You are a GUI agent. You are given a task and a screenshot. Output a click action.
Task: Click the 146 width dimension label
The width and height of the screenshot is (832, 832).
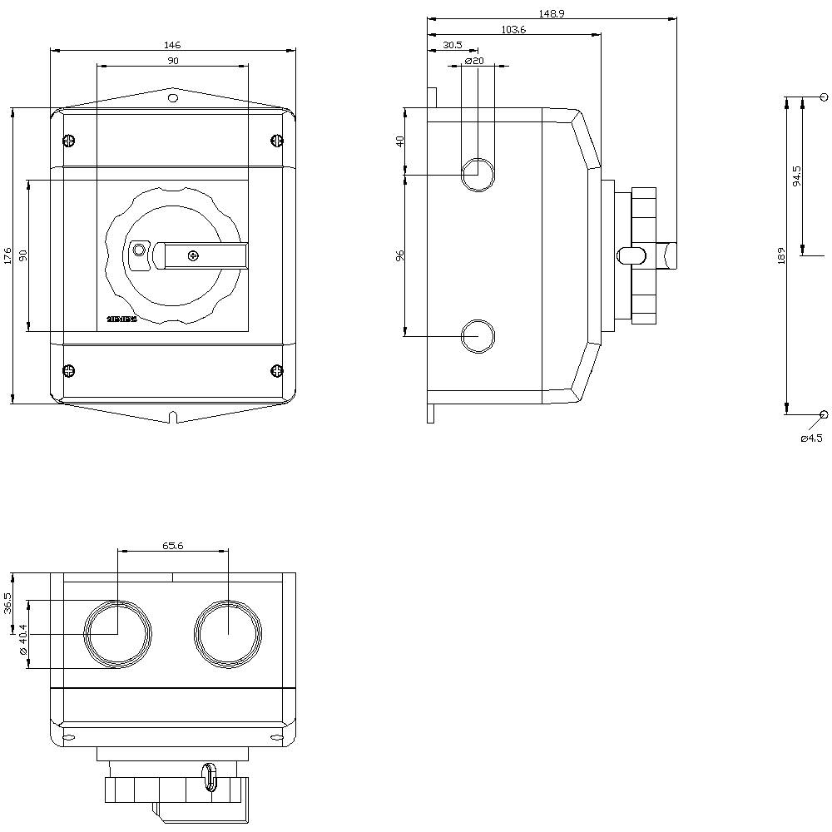[172, 45]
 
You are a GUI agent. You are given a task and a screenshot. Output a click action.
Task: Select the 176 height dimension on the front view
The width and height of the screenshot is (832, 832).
[7, 255]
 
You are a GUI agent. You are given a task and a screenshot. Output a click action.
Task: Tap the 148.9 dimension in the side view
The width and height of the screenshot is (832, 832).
[551, 13]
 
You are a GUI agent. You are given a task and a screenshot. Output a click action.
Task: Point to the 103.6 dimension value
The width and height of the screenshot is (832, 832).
[513, 29]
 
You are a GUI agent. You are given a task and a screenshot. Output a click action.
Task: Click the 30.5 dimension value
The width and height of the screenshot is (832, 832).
[452, 45]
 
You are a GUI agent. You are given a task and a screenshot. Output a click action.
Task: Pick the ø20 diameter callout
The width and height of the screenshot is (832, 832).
[475, 61]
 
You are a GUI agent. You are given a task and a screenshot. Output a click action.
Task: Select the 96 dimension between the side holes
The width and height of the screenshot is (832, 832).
[399, 255]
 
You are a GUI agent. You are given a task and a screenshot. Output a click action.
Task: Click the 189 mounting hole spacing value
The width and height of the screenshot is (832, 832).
[781, 255]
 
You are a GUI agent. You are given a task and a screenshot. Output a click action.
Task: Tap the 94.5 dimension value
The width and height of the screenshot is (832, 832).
[797, 176]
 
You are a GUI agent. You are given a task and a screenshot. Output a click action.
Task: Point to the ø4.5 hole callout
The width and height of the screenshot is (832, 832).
[811, 438]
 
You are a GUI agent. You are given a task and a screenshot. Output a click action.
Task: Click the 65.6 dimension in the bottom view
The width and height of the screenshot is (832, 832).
[172, 546]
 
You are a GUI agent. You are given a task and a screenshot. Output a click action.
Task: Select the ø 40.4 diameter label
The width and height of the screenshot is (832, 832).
[23, 639]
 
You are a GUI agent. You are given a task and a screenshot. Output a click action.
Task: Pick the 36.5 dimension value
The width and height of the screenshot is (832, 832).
[7, 602]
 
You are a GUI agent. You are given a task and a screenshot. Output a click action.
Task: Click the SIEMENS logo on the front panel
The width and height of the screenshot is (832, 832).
[121, 319]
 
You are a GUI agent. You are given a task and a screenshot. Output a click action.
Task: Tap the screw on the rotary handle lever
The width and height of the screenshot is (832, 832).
[193, 255]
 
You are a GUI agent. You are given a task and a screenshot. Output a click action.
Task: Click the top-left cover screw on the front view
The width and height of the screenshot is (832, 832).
[68, 141]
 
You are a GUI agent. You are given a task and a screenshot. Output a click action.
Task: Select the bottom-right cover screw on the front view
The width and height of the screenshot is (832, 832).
[277, 370]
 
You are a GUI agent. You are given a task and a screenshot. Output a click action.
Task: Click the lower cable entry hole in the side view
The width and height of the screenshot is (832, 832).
[478, 336]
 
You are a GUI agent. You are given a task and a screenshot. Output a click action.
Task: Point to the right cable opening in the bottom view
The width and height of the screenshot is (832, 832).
[228, 635]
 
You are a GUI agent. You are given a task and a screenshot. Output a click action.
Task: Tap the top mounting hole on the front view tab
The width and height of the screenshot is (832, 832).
[172, 98]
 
